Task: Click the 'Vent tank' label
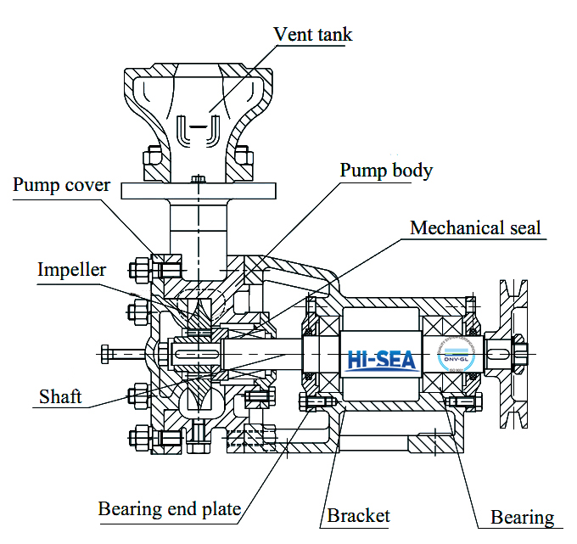tap(312, 35)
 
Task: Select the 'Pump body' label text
tap(386, 170)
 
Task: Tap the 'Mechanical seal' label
tap(475, 227)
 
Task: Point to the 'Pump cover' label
tap(61, 185)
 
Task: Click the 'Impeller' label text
tap(71, 270)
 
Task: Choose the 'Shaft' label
tap(60, 396)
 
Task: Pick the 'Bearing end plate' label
tap(169, 509)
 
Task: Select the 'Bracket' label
tap(359, 515)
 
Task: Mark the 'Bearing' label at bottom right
tap(523, 517)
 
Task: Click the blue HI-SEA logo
tap(382, 359)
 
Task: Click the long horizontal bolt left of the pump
tap(124, 351)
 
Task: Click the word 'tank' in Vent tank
tap(333, 35)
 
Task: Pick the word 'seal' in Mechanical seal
tap(521, 227)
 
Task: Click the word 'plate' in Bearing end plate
tap(218, 509)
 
